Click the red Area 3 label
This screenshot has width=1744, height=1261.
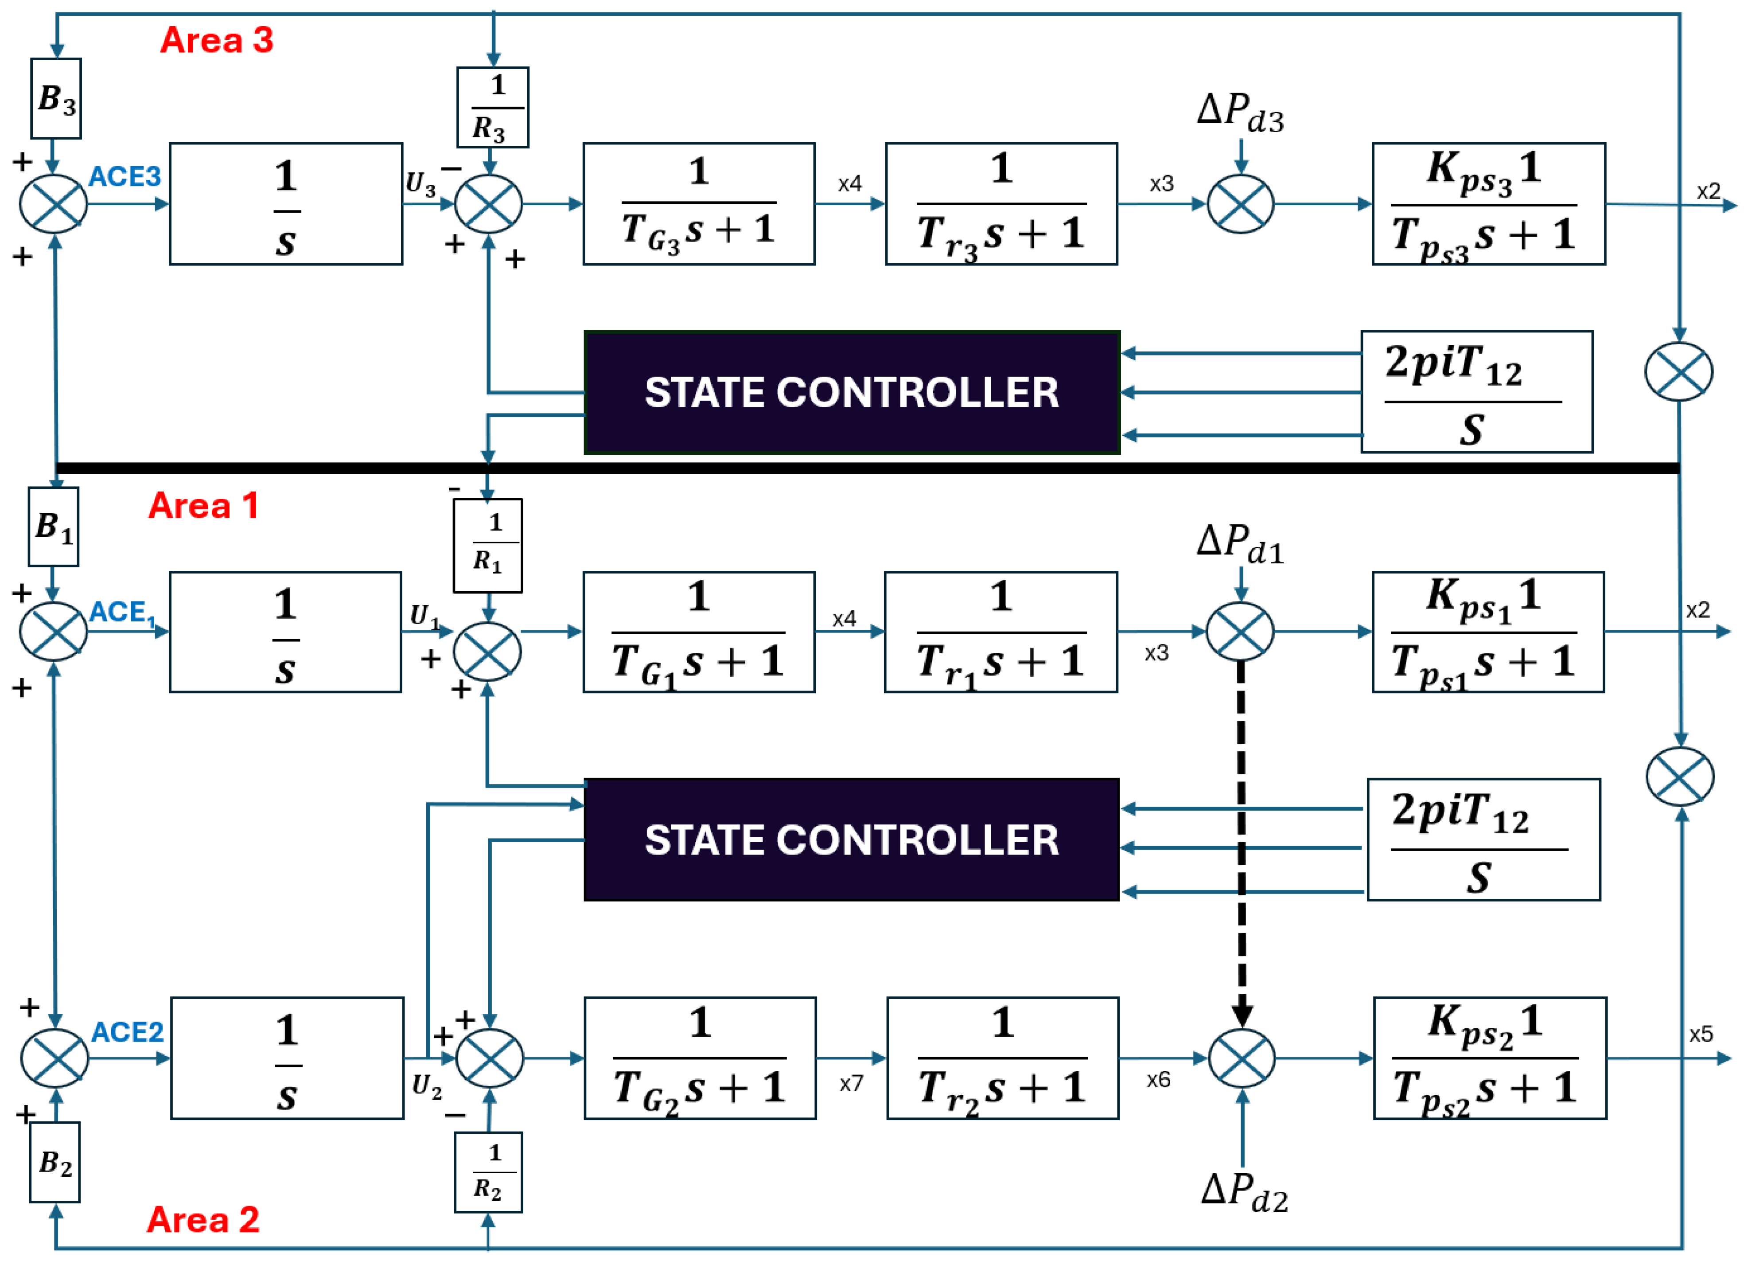(216, 40)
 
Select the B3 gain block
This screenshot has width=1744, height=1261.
(56, 98)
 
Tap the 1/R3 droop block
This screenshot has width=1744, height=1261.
(492, 107)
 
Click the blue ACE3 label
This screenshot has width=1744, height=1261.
(125, 177)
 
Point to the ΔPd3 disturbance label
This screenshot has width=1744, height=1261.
(1240, 113)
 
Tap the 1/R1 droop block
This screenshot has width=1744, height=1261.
(487, 546)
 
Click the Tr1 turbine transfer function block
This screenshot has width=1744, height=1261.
(1000, 632)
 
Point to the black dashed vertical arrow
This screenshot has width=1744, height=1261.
(1241, 839)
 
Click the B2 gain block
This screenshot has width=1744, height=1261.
(54, 1163)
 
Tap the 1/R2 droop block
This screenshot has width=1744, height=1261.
(488, 1172)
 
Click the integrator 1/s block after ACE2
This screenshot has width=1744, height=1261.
(287, 1058)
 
